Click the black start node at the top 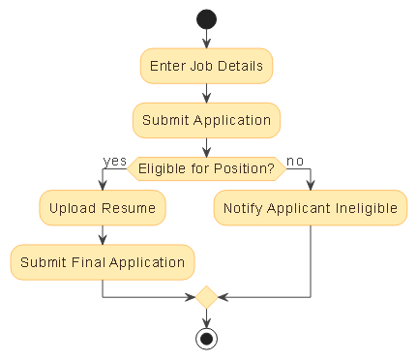click(x=206, y=18)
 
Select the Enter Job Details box click(x=206, y=67)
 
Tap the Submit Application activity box click(x=206, y=121)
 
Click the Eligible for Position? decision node click(x=206, y=169)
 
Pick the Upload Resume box click(x=102, y=208)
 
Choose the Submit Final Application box click(x=102, y=262)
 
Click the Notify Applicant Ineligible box click(x=311, y=208)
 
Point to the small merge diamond click(x=206, y=297)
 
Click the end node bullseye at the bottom click(x=206, y=338)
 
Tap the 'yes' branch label click(x=115, y=161)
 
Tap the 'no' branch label click(x=295, y=161)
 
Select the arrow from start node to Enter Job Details click(x=206, y=39)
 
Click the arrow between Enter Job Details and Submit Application click(x=206, y=94)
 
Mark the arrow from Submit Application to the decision click(x=206, y=147)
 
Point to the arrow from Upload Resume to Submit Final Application click(x=102, y=235)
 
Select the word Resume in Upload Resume click(x=130, y=208)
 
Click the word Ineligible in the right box click(x=365, y=208)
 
